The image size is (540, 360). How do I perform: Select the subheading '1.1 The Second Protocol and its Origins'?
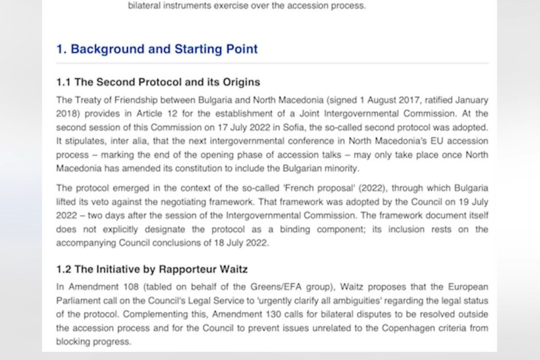pyautogui.click(x=158, y=82)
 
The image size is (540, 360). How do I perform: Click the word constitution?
pyautogui.click(x=245, y=168)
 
